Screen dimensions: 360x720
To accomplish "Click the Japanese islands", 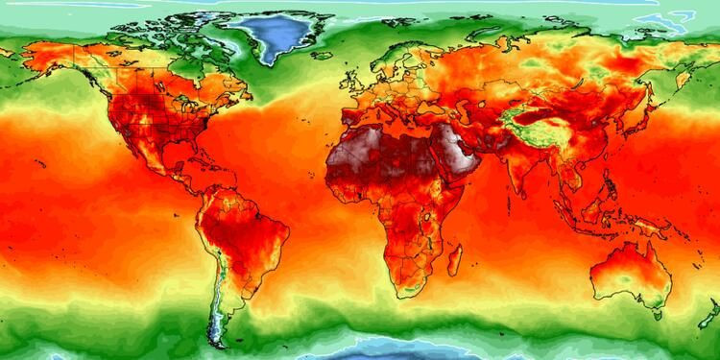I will point(641,120).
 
